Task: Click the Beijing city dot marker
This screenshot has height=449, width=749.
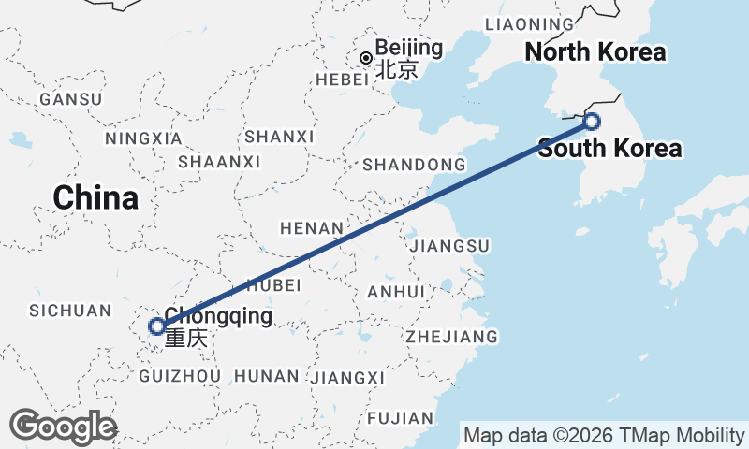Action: tap(365, 58)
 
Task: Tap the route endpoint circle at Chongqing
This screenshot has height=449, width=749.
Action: tap(157, 326)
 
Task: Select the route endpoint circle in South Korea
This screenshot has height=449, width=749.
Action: tap(592, 121)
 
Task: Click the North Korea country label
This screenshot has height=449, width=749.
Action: tap(595, 52)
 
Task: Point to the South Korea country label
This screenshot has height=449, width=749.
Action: tap(609, 148)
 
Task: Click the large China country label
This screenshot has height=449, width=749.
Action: tap(95, 198)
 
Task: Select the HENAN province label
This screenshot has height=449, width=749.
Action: tap(313, 227)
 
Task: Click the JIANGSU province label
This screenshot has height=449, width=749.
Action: tap(449, 246)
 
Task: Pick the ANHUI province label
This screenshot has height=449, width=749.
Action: tap(396, 292)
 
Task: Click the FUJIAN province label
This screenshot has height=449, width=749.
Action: tap(402, 417)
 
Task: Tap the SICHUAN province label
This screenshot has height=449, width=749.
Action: tap(70, 311)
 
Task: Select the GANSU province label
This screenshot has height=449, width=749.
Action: tap(71, 99)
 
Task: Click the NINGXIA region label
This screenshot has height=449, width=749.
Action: tap(143, 138)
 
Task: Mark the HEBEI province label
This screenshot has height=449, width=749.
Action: tap(343, 80)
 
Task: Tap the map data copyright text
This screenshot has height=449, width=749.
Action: tap(604, 435)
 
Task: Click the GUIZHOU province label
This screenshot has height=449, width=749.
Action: tap(179, 376)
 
